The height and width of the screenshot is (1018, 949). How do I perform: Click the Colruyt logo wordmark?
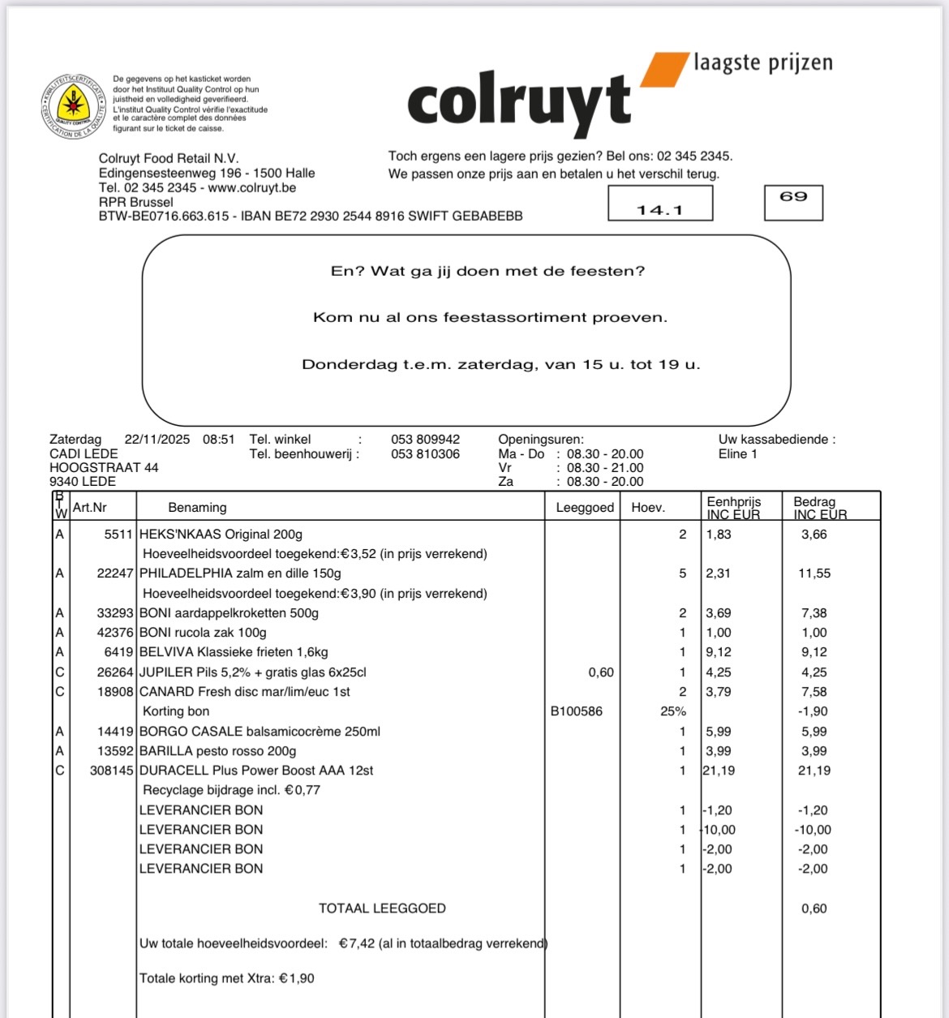[x=519, y=104]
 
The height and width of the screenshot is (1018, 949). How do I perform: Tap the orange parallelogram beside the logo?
[x=664, y=69]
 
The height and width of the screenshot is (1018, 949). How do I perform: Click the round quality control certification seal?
[x=74, y=106]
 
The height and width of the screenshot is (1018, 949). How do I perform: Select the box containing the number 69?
[x=793, y=202]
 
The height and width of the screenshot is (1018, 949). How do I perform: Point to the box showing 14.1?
[x=660, y=204]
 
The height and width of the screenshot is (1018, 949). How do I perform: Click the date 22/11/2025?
[x=157, y=440]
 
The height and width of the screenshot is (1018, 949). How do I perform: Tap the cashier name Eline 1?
[x=737, y=454]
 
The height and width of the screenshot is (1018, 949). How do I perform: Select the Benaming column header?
[x=197, y=508]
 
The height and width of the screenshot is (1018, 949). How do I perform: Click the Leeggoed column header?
[x=585, y=508]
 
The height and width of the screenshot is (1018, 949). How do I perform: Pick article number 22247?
[x=115, y=573]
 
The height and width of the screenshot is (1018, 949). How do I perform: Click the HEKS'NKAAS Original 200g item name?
[x=221, y=535]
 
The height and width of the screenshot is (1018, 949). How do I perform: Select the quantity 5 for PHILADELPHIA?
[x=682, y=573]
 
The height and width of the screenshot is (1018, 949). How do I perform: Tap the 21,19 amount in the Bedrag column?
[x=814, y=771]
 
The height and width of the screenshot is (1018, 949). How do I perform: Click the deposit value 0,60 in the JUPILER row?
[x=601, y=672]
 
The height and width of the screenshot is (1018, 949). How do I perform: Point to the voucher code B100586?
[x=577, y=711]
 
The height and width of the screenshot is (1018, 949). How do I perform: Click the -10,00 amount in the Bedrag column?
[x=813, y=830]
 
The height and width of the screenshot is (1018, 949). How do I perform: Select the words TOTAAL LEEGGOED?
[x=382, y=908]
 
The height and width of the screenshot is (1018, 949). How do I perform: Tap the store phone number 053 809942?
[x=425, y=440]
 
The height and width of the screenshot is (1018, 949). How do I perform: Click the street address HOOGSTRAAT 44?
[x=104, y=468]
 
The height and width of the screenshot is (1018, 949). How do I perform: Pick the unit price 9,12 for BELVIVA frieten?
[x=719, y=652]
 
